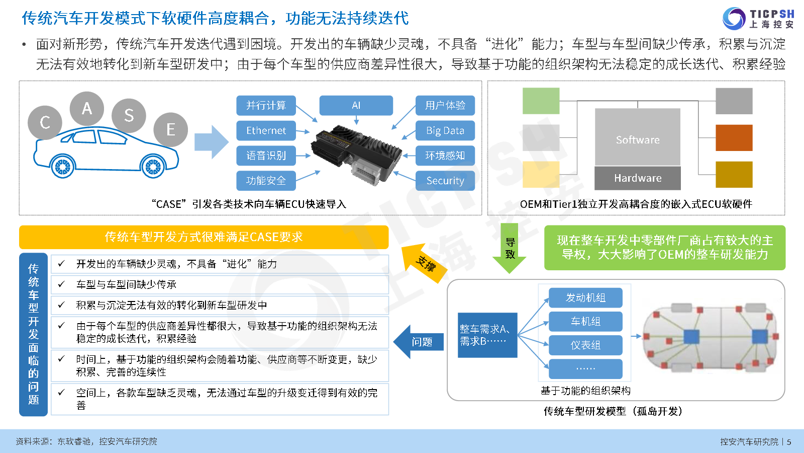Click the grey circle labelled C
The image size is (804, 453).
coord(45,123)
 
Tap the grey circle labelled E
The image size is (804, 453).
coord(170,129)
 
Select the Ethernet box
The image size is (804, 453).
coord(266,130)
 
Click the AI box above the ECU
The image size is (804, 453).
coord(356,105)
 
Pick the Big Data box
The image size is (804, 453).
coord(445,130)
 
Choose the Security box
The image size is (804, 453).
coord(445,181)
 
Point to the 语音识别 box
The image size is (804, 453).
coord(266,156)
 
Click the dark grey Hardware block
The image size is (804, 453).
coord(638,178)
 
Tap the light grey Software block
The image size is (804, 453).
coord(638,137)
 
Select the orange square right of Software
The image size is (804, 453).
coord(734,138)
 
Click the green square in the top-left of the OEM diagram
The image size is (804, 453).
coord(541,101)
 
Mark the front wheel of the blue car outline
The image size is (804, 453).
coord(153,167)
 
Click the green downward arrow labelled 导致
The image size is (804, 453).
coord(510,248)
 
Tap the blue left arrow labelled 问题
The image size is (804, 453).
coord(419,342)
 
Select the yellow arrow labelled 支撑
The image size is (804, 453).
coord(424,262)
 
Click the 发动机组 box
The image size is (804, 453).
coord(585,297)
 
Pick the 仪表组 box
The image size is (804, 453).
coord(585,345)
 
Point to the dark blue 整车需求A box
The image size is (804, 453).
coord(487,335)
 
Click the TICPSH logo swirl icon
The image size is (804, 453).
coord(734,19)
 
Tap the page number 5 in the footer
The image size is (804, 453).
coord(789,442)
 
